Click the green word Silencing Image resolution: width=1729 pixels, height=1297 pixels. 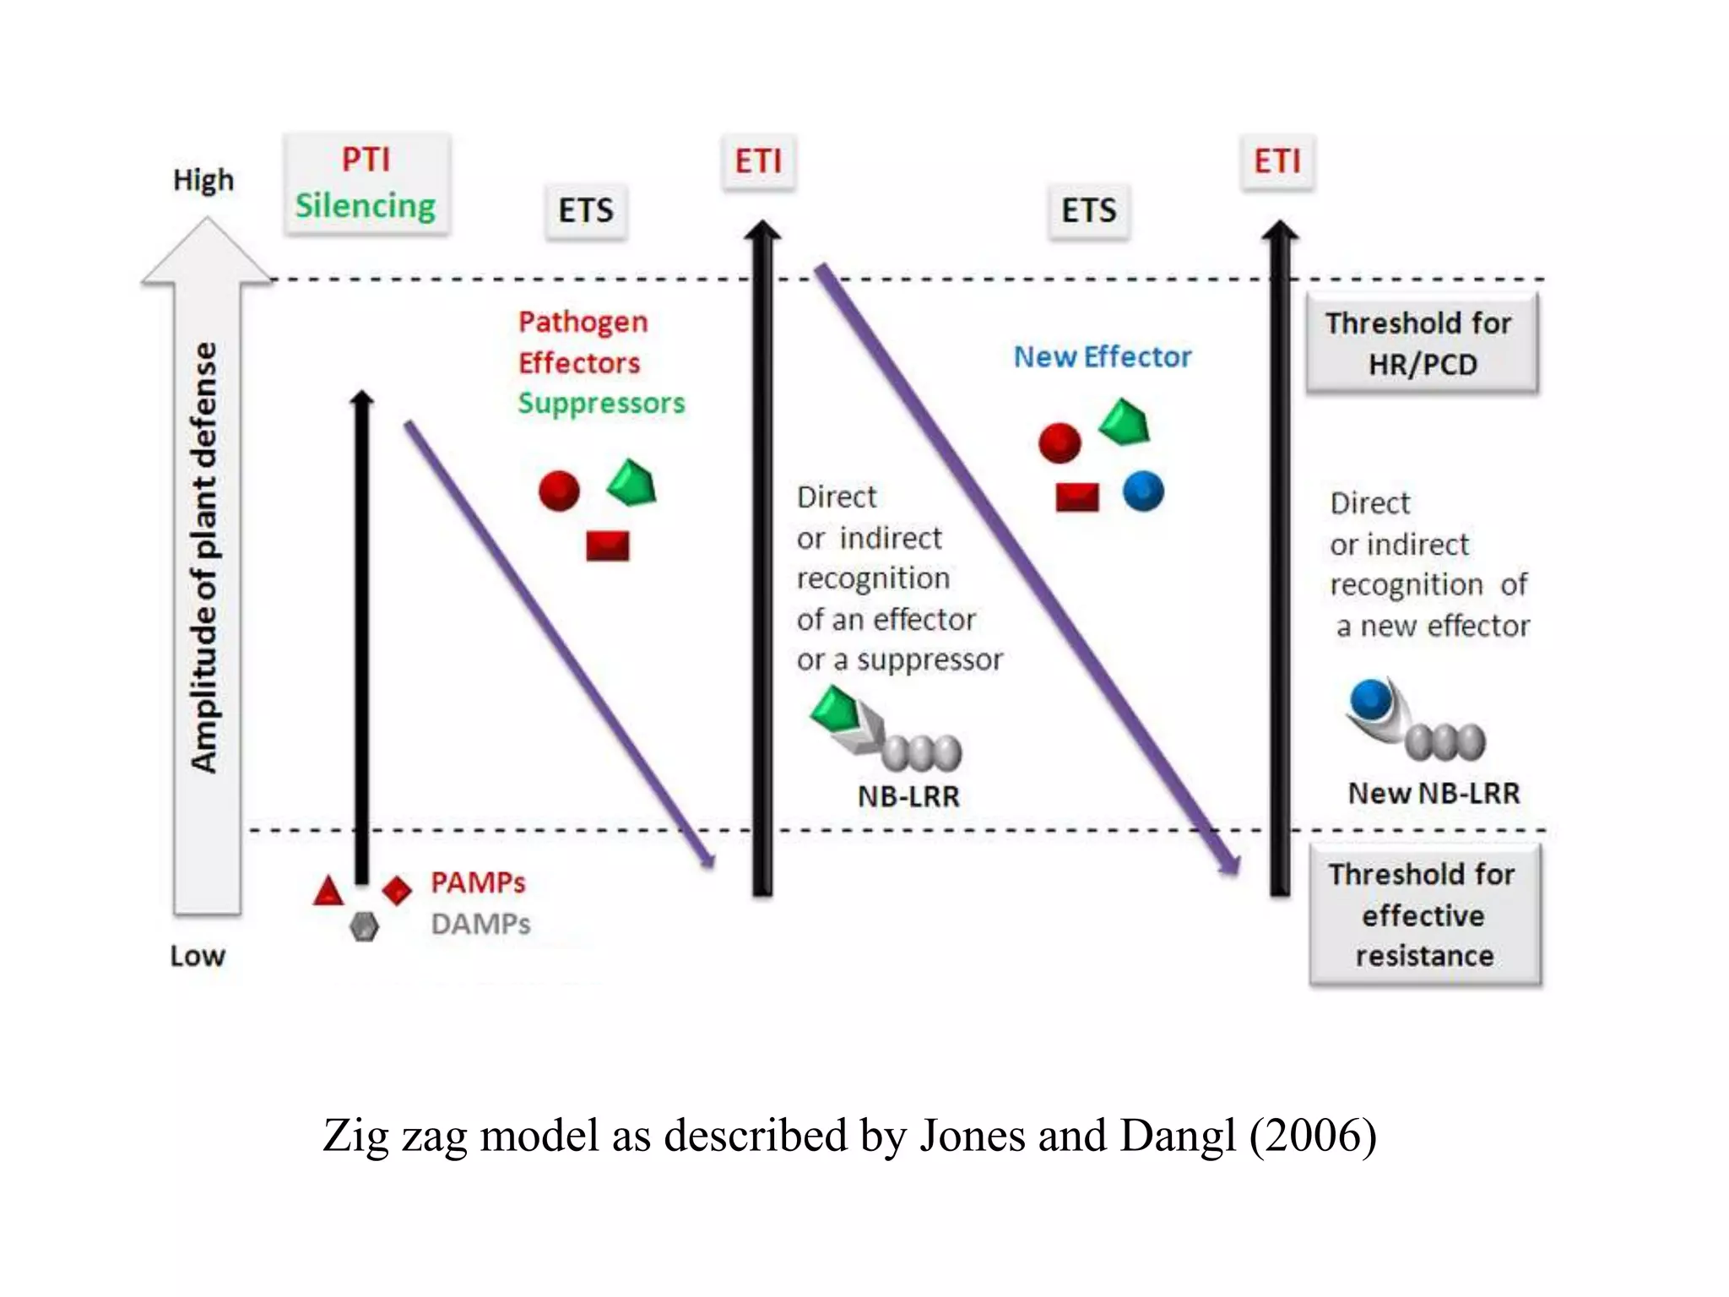[365, 205]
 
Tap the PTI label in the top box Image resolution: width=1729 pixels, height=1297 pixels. [366, 159]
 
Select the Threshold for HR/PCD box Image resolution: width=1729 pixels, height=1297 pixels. [1422, 343]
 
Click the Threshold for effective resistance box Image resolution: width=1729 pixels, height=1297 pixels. [1424, 914]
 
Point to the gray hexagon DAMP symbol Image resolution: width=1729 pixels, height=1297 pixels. [364, 927]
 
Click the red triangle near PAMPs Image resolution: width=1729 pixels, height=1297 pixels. [328, 892]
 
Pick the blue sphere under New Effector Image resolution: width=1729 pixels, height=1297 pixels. [1143, 491]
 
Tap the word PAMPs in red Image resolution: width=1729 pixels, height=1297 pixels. [478, 882]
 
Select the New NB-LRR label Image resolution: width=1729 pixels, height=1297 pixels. [1433, 793]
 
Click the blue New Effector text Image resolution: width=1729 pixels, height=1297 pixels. [1102, 357]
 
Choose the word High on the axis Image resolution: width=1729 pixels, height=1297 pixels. [203, 180]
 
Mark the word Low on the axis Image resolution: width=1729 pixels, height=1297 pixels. [198, 956]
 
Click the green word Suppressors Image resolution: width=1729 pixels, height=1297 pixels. [601, 403]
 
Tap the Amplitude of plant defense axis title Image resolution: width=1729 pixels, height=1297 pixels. [204, 557]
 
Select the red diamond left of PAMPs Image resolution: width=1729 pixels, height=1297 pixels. [397, 889]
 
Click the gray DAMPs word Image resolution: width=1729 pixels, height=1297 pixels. [480, 924]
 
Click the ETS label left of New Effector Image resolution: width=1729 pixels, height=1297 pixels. [1088, 210]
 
